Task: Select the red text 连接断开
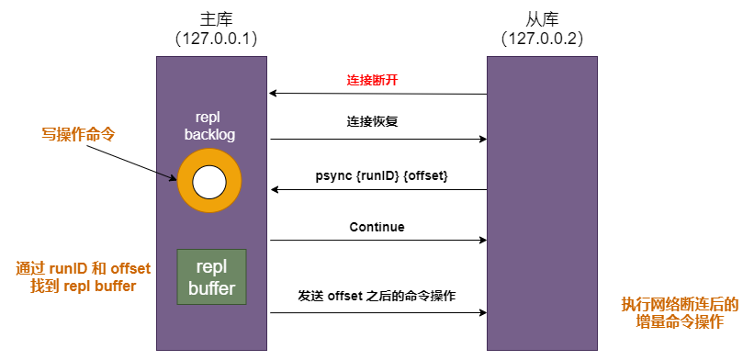(372, 80)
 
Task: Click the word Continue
(377, 227)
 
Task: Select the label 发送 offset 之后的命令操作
(377, 297)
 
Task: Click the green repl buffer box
(212, 278)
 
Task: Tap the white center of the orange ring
(209, 183)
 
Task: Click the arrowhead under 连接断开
(274, 94)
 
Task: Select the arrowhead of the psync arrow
(274, 190)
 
